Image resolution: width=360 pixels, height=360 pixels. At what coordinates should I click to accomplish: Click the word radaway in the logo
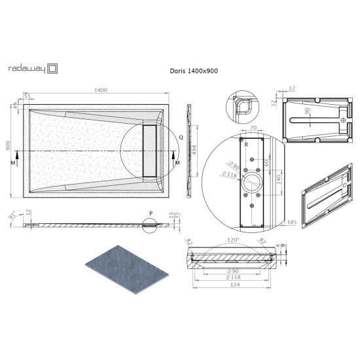[26, 67]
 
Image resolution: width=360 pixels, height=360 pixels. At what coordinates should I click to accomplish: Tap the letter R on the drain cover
[246, 145]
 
